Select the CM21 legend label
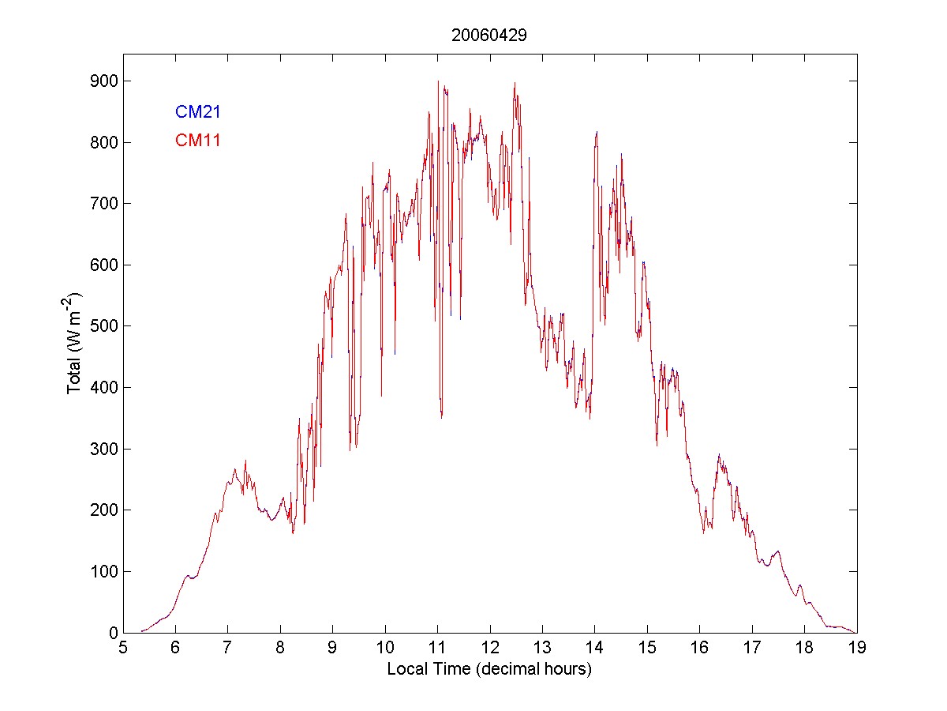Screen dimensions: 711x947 coord(197,112)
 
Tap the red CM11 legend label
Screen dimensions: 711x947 coord(197,141)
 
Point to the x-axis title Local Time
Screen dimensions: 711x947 coord(489,669)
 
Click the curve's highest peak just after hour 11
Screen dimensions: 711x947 coord(438,81)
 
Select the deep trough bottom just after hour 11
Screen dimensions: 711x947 coord(441,416)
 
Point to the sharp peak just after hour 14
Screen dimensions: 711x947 coord(597,132)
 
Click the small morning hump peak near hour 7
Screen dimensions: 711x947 coord(235,469)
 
